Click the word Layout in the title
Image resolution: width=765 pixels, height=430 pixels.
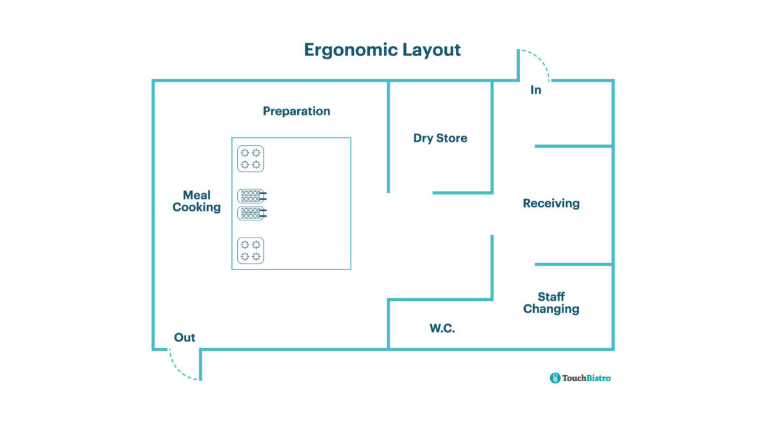[432, 50]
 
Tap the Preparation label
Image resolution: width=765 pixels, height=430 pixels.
[296, 111]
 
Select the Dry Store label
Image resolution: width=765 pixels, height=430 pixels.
[440, 138]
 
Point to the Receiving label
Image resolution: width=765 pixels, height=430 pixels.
[551, 203]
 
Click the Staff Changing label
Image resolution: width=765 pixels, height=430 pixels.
[551, 303]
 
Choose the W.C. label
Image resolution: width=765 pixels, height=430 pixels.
[442, 329]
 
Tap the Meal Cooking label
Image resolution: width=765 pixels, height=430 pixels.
[196, 201]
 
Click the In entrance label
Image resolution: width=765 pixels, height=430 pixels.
[535, 90]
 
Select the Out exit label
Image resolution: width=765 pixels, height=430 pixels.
[185, 338]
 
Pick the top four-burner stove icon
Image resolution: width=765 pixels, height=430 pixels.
[251, 159]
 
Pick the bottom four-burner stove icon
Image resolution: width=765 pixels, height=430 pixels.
[251, 250]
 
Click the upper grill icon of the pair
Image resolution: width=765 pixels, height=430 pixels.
[251, 196]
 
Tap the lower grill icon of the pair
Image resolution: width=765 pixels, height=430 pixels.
[251, 213]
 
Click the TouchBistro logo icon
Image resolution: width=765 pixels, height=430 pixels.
[555, 378]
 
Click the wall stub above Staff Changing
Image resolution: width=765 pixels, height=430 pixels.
[573, 264]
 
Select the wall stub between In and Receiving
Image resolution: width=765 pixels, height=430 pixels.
[573, 146]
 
